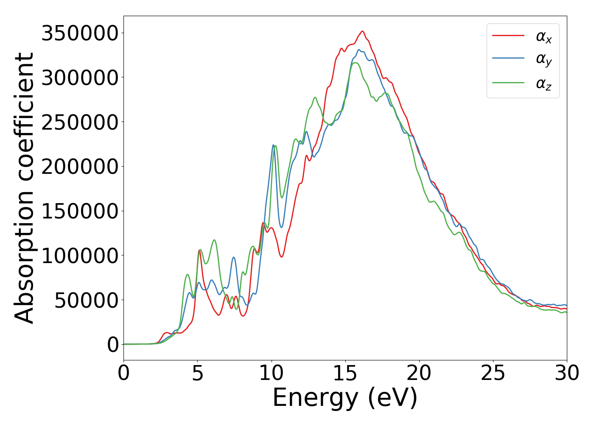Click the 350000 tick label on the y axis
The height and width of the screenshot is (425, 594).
(79, 33)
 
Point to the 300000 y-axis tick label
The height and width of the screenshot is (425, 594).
(79, 78)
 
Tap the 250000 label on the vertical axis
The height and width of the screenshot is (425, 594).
(79, 122)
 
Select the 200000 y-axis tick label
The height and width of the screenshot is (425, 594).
(79, 167)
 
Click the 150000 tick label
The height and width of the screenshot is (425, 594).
(79, 211)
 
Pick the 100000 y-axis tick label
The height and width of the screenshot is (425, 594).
(79, 256)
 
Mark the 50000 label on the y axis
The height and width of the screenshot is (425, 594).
(86, 300)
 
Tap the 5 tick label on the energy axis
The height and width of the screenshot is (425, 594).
(198, 373)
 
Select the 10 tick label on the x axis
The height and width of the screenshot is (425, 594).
(272, 373)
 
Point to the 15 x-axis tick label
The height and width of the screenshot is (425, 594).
(345, 373)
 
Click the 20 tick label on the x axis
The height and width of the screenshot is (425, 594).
(419, 373)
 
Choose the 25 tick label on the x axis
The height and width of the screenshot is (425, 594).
(493, 373)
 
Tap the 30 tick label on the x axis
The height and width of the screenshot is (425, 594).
(567, 373)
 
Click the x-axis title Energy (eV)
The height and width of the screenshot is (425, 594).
(345, 398)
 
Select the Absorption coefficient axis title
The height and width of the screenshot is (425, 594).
(24, 188)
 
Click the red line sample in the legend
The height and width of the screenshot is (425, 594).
(508, 36)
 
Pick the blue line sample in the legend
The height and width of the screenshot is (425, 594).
(508, 59)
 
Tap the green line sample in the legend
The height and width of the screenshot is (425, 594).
(508, 82)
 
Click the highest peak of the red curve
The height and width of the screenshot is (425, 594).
(362, 31)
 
